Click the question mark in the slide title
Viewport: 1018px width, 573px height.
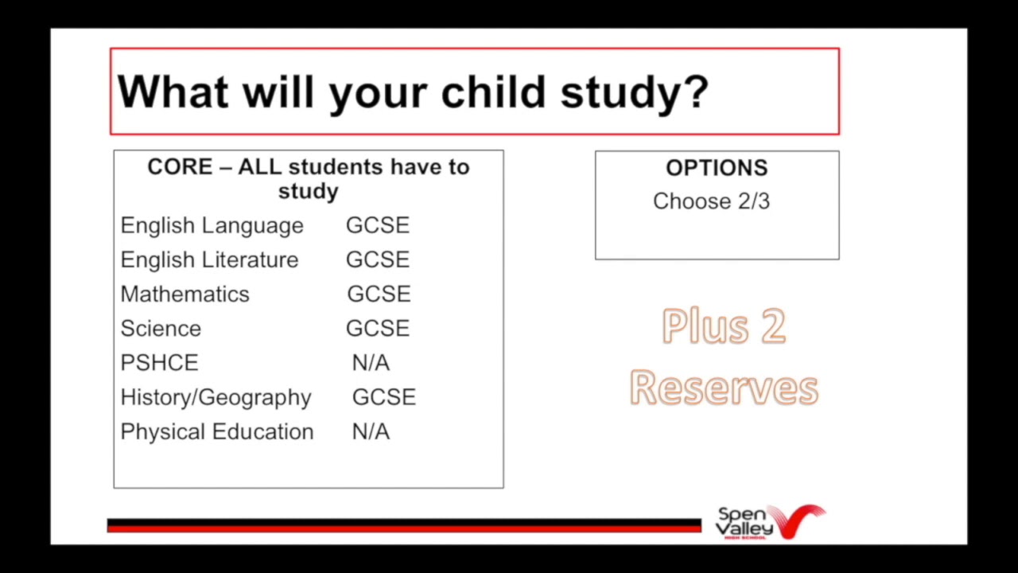694,92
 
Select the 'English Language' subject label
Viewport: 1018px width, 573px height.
212,226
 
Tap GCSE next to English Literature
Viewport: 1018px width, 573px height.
378,260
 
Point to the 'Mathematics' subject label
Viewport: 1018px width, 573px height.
185,294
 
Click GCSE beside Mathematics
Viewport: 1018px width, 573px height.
379,294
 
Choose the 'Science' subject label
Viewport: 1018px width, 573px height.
161,329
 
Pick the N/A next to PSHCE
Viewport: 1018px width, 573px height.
371,363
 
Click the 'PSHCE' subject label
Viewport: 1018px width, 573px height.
159,363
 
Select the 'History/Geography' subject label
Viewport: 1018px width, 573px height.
216,397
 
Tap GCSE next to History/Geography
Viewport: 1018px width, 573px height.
383,397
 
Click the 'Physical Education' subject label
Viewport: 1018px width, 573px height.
216,432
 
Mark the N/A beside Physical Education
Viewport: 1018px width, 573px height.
371,432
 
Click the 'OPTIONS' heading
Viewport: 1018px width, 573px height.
717,168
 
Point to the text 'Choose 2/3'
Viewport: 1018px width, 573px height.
711,201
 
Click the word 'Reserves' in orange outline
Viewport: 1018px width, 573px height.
724,388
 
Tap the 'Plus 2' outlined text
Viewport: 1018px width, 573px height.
724,326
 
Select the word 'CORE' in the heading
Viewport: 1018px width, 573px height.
180,167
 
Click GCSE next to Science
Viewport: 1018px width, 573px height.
378,329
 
